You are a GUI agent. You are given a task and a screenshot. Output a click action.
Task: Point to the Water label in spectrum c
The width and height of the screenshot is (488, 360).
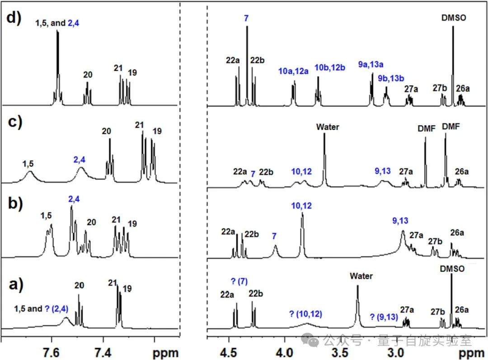click(328, 127)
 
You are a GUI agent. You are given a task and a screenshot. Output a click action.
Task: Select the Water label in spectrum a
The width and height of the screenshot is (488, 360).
click(361, 276)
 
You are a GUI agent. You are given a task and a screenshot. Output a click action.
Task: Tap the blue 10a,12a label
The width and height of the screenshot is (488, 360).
click(293, 71)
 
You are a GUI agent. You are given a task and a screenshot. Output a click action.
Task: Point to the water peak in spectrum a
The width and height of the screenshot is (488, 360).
click(357, 303)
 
